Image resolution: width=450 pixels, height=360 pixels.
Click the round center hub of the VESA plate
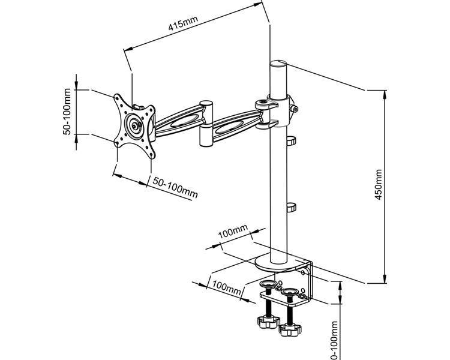point(133,126)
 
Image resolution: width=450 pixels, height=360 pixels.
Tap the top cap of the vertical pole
point(278,64)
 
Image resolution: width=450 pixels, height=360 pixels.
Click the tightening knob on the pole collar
point(295,109)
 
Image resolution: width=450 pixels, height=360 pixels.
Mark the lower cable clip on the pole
point(291,207)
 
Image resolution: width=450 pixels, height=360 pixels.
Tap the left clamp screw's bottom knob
point(266,322)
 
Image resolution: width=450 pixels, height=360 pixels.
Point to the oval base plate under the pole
point(278,262)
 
